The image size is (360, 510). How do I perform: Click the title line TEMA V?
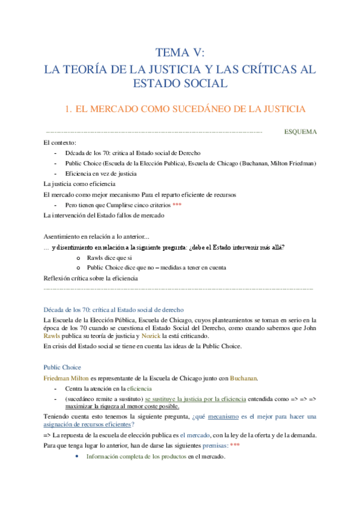pos(180,52)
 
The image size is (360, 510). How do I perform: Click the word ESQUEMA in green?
pos(300,132)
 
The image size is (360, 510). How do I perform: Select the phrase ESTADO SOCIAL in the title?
pos(180,84)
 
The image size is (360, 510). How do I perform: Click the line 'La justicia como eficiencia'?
pos(80,183)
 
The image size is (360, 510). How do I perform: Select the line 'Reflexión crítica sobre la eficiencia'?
pos(91,278)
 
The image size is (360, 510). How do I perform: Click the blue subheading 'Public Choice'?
pos(62,367)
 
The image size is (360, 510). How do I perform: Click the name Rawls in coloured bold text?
pos(52,336)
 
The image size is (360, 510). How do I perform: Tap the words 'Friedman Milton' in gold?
pos(65,378)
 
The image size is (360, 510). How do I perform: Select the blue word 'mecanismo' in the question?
pos(222,416)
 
